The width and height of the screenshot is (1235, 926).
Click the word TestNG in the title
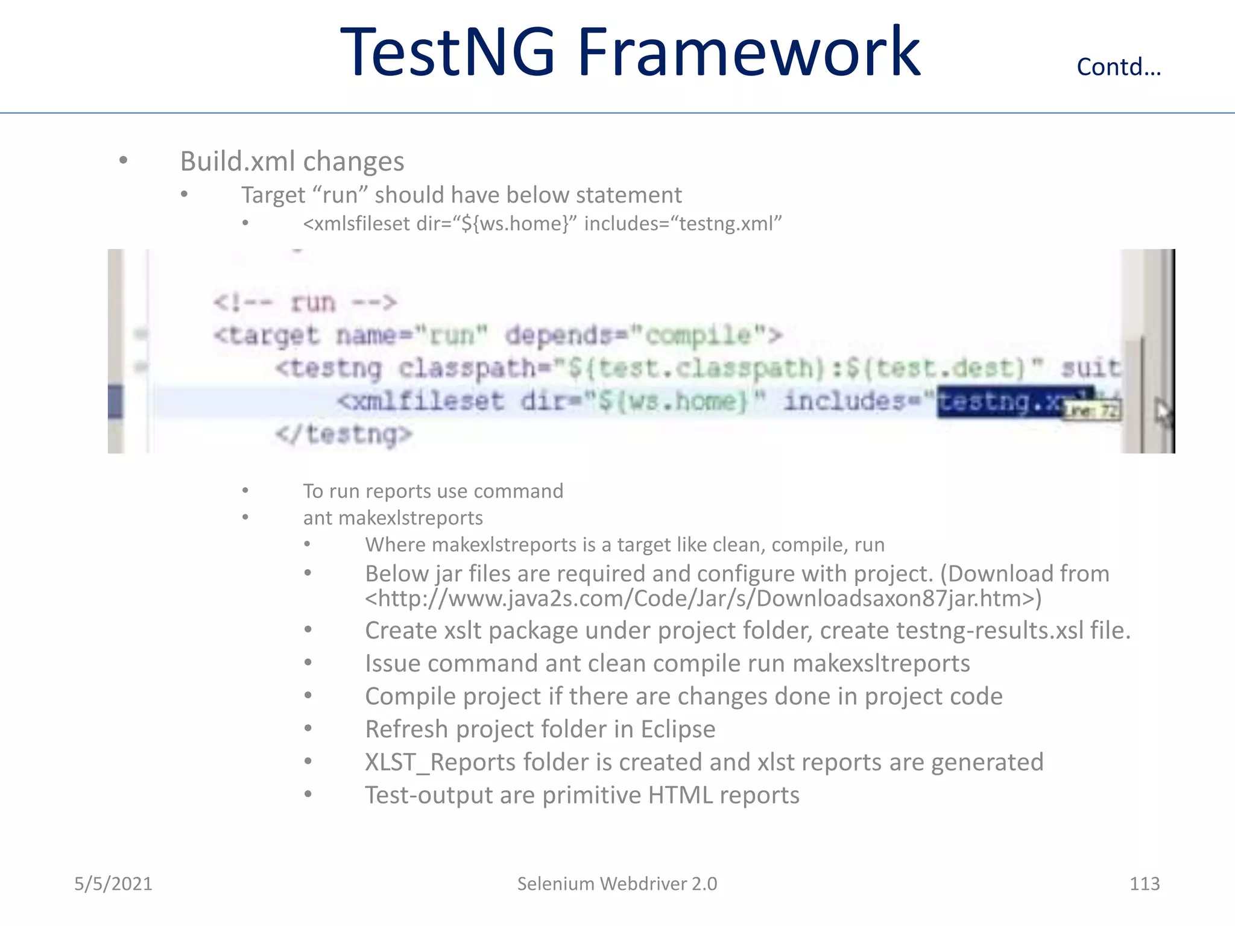pyautogui.click(x=447, y=52)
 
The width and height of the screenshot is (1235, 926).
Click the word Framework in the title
pyautogui.click(x=748, y=52)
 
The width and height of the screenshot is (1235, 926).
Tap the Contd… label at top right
pyautogui.click(x=1119, y=67)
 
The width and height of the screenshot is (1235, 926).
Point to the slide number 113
pyautogui.click(x=1144, y=884)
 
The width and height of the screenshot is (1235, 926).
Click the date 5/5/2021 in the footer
pyautogui.click(x=113, y=884)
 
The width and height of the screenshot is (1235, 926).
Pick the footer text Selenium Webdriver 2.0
pyautogui.click(x=617, y=884)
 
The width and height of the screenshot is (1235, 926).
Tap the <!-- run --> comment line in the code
pyautogui.click(x=305, y=302)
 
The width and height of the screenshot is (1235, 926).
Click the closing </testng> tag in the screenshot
pyautogui.click(x=344, y=434)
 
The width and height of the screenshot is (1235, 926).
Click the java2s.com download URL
pyautogui.click(x=703, y=599)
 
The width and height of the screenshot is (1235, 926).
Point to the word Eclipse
pyautogui.click(x=678, y=729)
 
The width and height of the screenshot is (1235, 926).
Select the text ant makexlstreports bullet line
pyautogui.click(x=393, y=518)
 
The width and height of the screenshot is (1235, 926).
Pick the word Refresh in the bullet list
pyautogui.click(x=407, y=729)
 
